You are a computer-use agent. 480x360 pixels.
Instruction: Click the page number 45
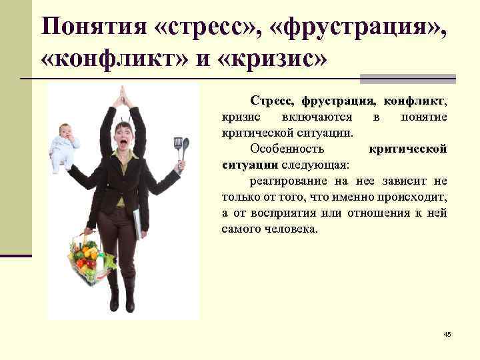pyautogui.click(x=447, y=333)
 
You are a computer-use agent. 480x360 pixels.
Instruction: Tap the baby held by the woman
pyautogui.click(x=64, y=147)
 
